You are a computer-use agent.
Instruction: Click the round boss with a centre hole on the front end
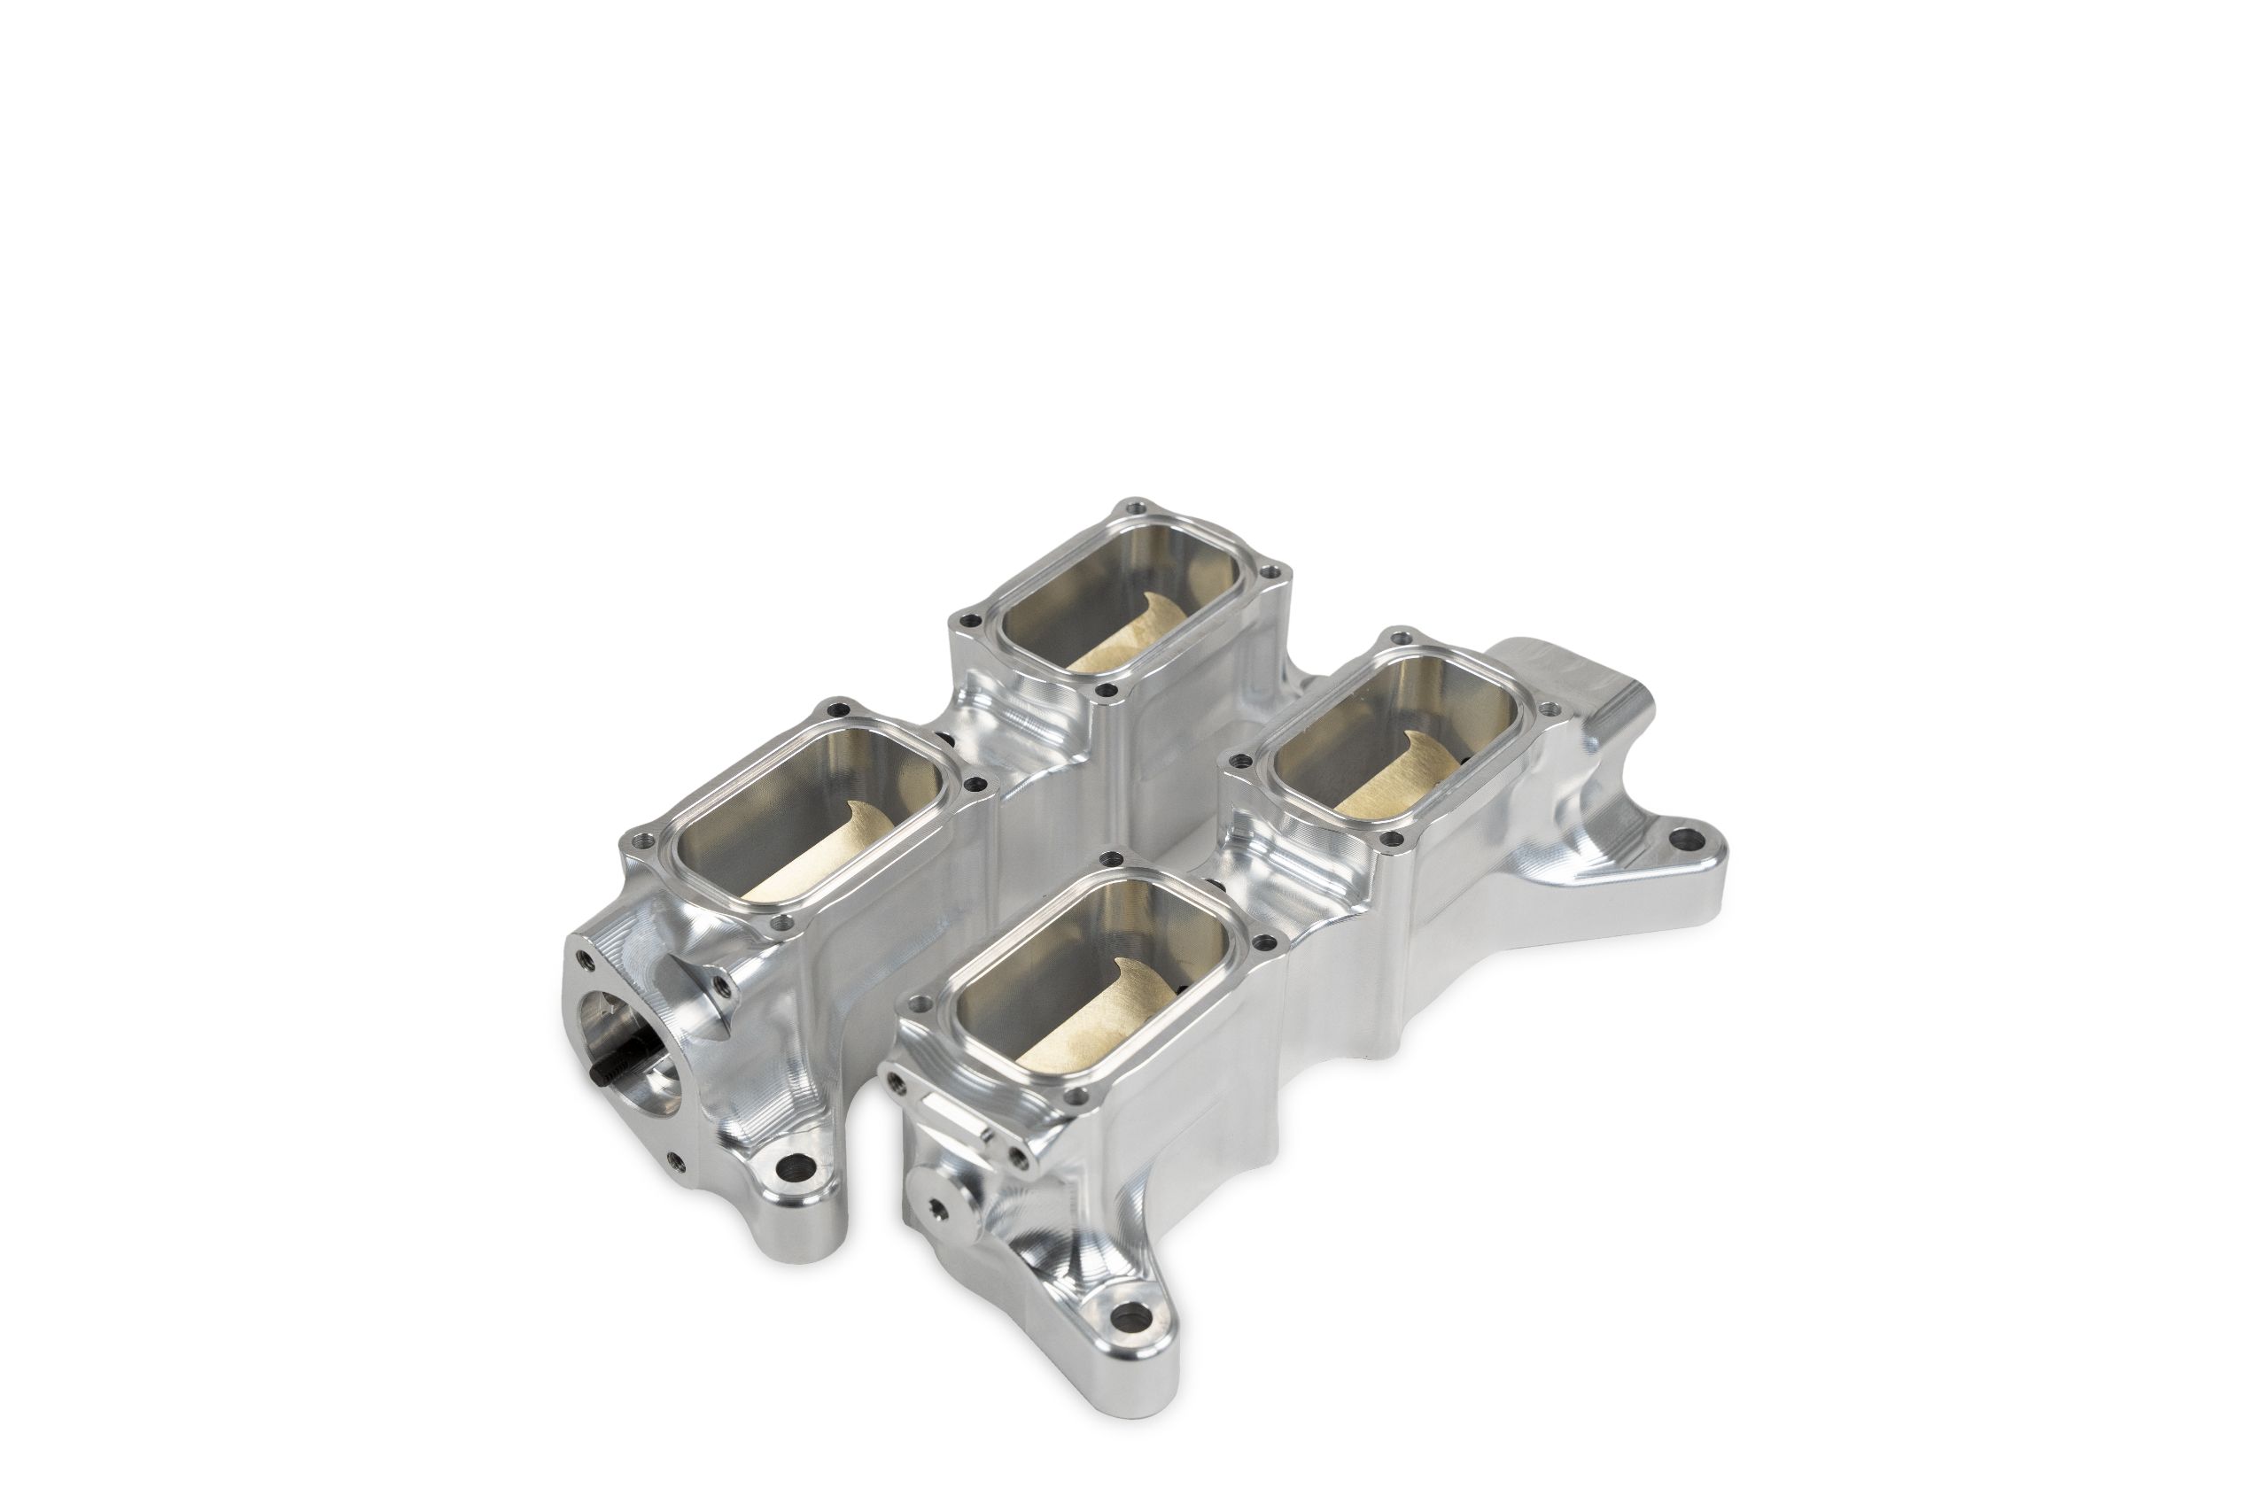pos(937,1206)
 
